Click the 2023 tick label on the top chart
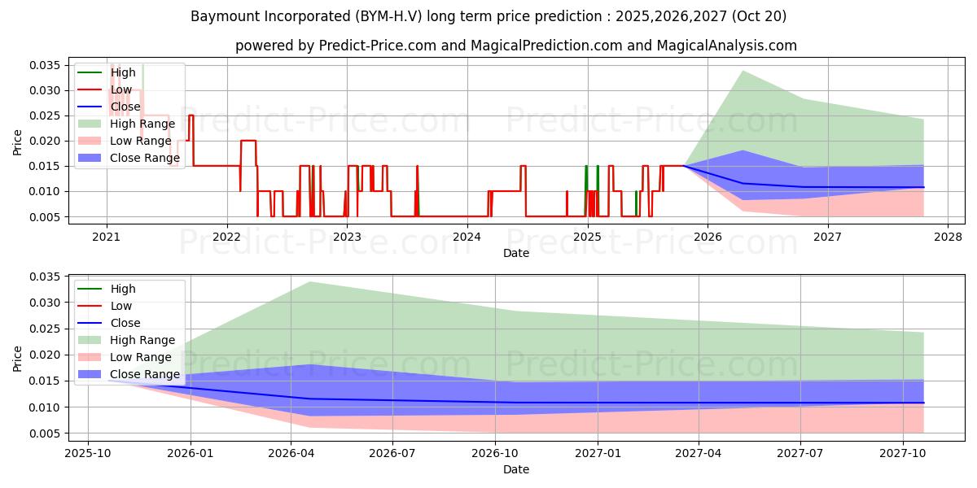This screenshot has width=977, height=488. tap(347, 237)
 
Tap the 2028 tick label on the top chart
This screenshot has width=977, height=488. tap(948, 237)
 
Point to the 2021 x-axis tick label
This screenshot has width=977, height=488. tap(107, 237)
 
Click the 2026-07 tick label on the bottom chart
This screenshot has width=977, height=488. tap(392, 453)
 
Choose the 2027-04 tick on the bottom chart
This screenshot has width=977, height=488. tap(699, 453)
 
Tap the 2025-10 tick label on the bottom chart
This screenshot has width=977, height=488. tap(88, 453)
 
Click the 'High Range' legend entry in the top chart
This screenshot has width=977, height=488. tap(142, 124)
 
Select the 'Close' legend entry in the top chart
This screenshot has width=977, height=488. tap(125, 107)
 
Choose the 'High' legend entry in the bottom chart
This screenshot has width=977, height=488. tap(123, 289)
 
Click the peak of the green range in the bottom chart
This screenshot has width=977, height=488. tap(310, 282)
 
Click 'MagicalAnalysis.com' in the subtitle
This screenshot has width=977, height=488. tap(729, 46)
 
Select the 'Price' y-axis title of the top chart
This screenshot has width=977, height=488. tap(18, 142)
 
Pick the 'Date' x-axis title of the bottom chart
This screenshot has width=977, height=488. tap(516, 469)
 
